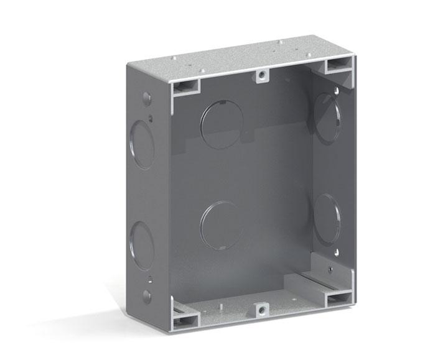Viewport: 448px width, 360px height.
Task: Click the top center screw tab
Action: (x=262, y=76)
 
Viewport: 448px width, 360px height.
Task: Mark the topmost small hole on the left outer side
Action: (x=147, y=98)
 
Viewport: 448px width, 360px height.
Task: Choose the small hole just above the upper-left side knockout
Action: (x=151, y=116)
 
